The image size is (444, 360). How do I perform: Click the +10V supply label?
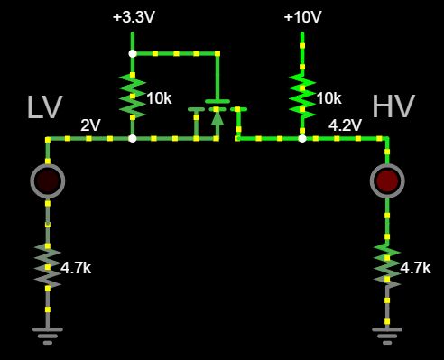(x=302, y=17)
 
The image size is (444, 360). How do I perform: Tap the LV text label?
(x=44, y=107)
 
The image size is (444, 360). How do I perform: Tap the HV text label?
(x=393, y=106)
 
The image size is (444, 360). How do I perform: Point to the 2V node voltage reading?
(x=90, y=125)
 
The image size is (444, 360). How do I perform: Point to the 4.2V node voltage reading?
(x=345, y=125)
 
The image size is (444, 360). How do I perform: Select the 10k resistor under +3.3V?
(x=133, y=96)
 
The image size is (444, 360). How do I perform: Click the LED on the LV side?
(x=48, y=180)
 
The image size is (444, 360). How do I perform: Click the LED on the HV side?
(x=387, y=180)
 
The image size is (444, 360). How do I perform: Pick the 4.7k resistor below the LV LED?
(x=48, y=264)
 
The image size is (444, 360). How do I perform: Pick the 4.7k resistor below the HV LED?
(x=387, y=264)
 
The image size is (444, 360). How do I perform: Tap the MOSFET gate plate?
(x=217, y=100)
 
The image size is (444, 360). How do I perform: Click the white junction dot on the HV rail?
(x=302, y=138)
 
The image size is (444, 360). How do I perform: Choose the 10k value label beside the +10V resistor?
(x=328, y=97)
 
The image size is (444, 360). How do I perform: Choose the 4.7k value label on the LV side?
(x=76, y=268)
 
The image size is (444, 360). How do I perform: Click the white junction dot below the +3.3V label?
(x=133, y=53)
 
